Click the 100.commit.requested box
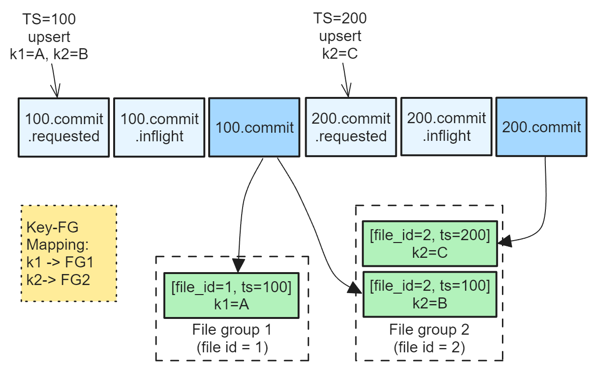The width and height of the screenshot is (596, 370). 64,127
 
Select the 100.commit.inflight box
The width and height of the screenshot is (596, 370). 160,127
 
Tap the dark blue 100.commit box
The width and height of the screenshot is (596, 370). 255,127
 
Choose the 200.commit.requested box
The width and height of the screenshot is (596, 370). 351,127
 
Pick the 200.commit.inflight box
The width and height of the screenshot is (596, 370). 447,127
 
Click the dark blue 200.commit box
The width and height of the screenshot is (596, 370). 542,127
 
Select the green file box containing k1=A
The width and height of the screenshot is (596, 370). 232,295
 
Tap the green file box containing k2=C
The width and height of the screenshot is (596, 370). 430,243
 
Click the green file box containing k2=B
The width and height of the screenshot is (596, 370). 430,294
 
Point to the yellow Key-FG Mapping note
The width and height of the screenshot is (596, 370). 69,253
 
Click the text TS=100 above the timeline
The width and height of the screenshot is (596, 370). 49,19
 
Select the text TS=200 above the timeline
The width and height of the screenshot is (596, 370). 340,18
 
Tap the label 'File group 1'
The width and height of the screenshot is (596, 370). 232,329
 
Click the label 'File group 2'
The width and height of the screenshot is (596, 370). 429,329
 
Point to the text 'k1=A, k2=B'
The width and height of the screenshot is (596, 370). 49,54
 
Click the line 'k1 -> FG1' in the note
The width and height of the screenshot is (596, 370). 60,262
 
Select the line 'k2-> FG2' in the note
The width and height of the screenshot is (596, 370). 58,280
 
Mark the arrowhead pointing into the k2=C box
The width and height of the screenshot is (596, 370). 504,241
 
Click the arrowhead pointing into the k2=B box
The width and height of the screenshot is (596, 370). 355,288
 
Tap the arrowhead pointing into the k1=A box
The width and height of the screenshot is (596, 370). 238,265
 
